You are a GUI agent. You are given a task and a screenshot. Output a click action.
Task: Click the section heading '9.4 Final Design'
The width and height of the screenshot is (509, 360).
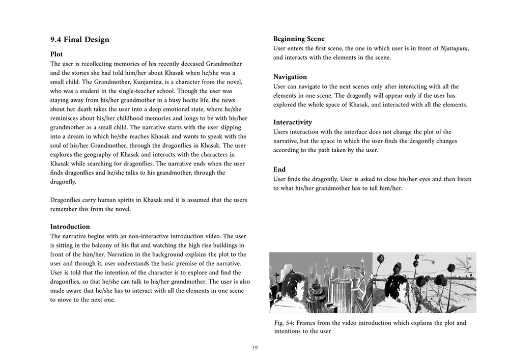pos(79,40)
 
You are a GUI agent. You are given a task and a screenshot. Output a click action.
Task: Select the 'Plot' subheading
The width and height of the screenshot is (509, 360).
pos(56,54)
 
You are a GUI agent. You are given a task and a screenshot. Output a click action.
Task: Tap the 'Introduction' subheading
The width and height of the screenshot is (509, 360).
pos(70,227)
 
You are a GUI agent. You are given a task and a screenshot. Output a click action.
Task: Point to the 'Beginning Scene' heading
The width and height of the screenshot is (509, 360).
pos(299,39)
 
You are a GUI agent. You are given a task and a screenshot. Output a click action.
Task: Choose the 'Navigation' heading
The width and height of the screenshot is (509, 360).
pos(290,77)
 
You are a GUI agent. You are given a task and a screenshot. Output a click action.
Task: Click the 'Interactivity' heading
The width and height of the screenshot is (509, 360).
pos(293,123)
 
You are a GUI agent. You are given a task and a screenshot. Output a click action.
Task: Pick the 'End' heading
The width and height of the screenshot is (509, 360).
pos(279,170)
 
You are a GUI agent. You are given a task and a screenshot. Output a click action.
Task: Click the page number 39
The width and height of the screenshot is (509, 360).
pos(254,348)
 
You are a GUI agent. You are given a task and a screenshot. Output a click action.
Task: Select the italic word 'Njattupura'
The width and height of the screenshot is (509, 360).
pos(454,48)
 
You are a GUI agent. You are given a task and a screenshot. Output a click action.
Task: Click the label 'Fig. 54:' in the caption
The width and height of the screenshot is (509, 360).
pos(285,323)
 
